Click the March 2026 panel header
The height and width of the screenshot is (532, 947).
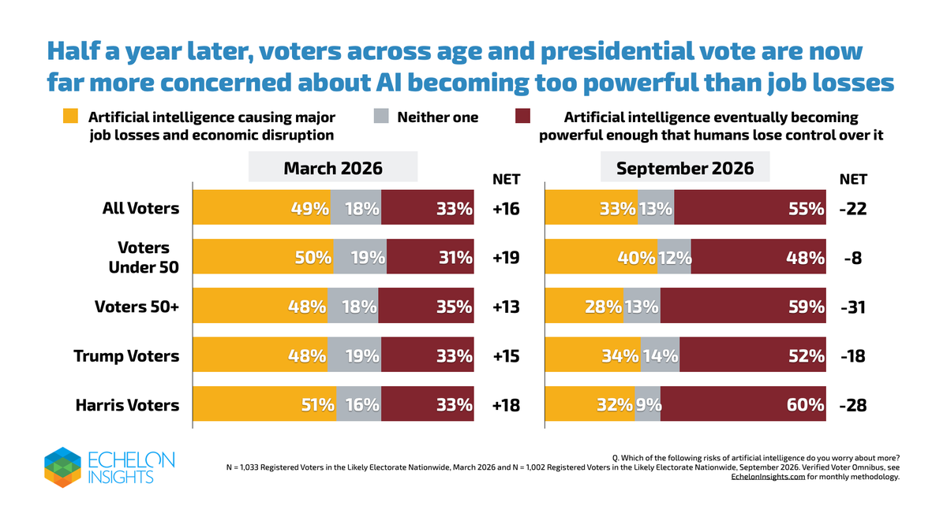point(333,167)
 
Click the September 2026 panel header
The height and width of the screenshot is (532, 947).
point(685,167)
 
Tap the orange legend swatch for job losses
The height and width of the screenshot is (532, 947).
point(70,116)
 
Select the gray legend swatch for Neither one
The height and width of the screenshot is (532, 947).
point(381,116)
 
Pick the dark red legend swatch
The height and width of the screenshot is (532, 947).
point(522,116)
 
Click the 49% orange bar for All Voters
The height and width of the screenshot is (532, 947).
point(262,206)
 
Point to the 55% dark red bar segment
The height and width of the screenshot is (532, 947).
point(750,206)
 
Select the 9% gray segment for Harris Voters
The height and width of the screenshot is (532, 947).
point(648,404)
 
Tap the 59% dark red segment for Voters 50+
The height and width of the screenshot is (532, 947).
point(743,305)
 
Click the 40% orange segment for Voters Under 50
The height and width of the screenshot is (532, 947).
point(601,256)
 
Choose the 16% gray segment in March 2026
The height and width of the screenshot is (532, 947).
point(359,404)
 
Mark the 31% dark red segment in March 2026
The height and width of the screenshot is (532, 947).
point(430,256)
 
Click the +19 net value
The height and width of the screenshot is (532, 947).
point(506,258)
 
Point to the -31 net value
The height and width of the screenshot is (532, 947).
point(853,307)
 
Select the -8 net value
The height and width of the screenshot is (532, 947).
point(853,258)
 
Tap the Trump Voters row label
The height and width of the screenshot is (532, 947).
point(126,356)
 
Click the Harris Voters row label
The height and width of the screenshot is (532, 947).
point(127,405)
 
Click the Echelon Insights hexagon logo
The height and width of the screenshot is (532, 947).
point(62,467)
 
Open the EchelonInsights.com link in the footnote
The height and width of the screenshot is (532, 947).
point(768,477)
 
